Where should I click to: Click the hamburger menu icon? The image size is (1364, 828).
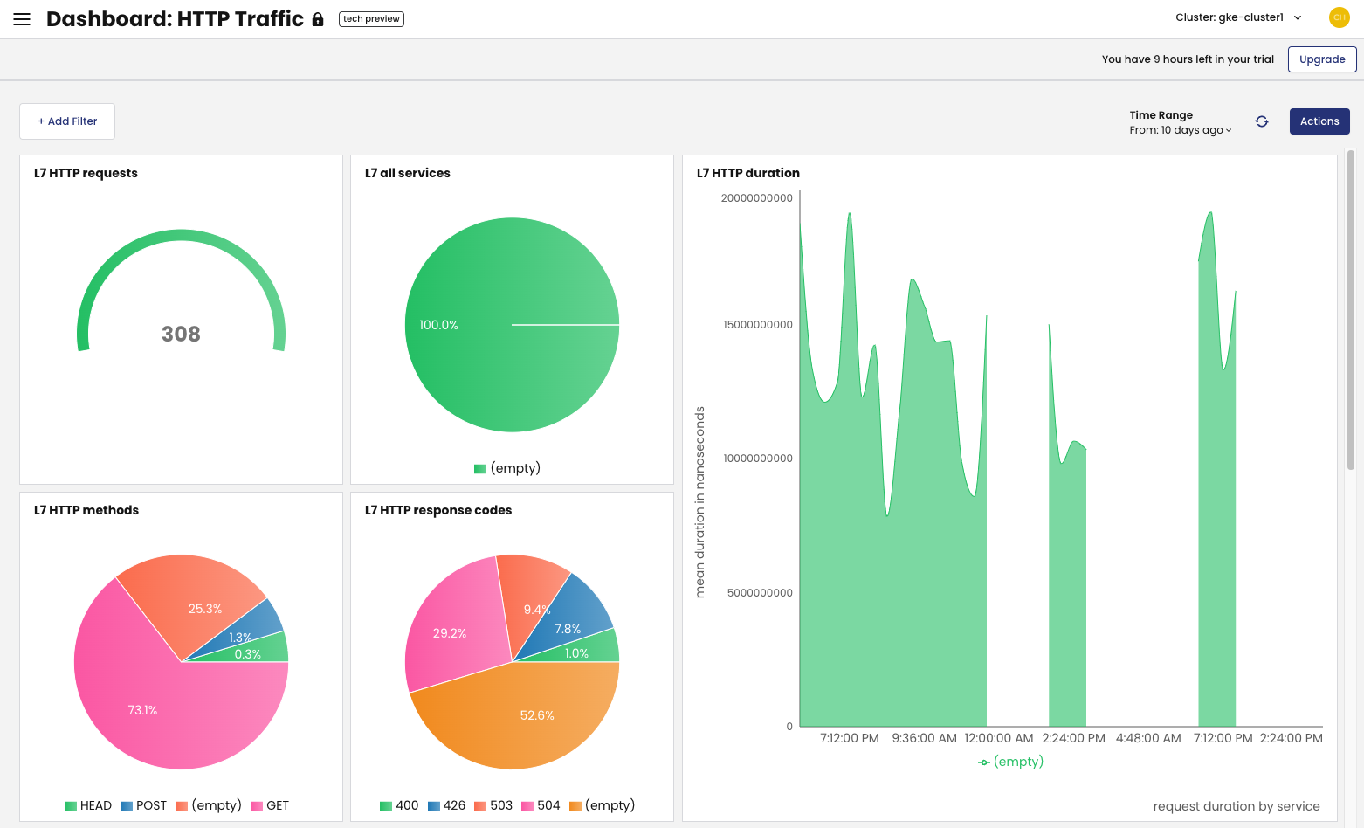pyautogui.click(x=22, y=19)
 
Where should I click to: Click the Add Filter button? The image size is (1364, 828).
pyautogui.click(x=67, y=121)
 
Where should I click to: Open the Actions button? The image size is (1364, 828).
pyautogui.click(x=1319, y=121)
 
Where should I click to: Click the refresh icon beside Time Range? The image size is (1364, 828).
pyautogui.click(x=1262, y=121)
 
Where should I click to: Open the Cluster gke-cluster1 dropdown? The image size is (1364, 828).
pyautogui.click(x=1238, y=17)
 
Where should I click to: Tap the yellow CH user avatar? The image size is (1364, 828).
pyautogui.click(x=1339, y=17)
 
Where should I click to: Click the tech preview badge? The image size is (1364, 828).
pyautogui.click(x=371, y=19)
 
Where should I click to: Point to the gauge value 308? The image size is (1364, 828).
pyautogui.click(x=181, y=334)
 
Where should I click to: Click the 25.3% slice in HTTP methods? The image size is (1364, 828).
pyautogui.click(x=201, y=603)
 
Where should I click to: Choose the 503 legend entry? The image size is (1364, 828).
pyautogui.click(x=493, y=805)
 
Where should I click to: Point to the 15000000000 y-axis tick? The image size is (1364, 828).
pyautogui.click(x=757, y=325)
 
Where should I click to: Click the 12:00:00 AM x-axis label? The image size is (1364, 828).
pyautogui.click(x=998, y=738)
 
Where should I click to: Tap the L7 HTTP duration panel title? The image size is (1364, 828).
pyautogui.click(x=747, y=173)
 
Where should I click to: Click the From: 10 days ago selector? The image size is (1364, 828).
pyautogui.click(x=1180, y=130)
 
